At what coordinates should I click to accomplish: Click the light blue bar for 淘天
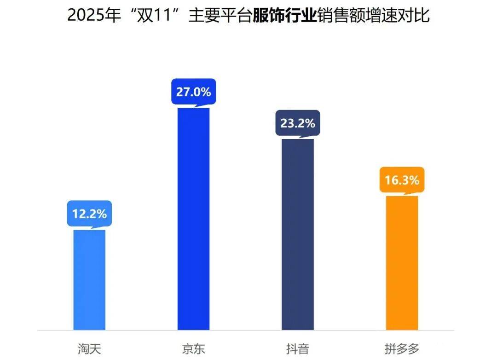click(x=89, y=279)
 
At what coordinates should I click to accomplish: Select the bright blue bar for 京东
click(x=193, y=219)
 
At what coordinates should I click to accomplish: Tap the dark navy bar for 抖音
click(x=298, y=234)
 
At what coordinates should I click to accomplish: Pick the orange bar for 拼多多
click(x=402, y=262)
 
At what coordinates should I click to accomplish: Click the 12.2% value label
click(x=89, y=214)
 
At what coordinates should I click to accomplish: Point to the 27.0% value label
click(x=193, y=92)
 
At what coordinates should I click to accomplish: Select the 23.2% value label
click(x=298, y=123)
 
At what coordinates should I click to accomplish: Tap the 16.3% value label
click(x=402, y=180)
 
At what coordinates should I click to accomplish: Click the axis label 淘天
click(x=89, y=348)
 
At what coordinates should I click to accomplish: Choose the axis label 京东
click(x=193, y=348)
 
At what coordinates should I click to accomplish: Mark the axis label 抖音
click(x=298, y=348)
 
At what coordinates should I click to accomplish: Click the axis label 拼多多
click(x=402, y=348)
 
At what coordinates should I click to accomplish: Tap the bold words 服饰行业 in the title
click(x=285, y=16)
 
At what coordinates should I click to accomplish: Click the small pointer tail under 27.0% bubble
click(x=198, y=106)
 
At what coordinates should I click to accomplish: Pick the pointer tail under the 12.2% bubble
click(x=94, y=227)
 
